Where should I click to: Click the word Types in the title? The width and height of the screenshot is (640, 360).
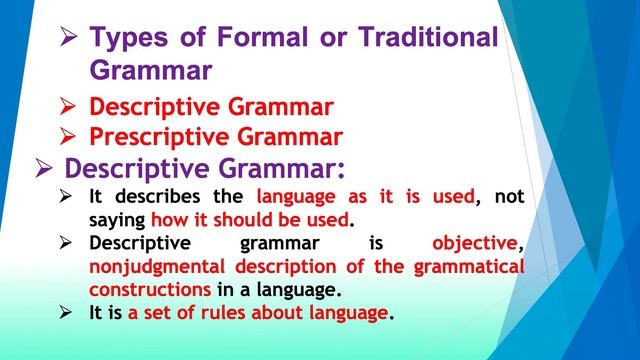click(129, 40)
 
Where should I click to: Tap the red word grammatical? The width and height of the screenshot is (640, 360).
click(470, 267)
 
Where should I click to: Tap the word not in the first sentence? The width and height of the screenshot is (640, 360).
click(508, 197)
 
